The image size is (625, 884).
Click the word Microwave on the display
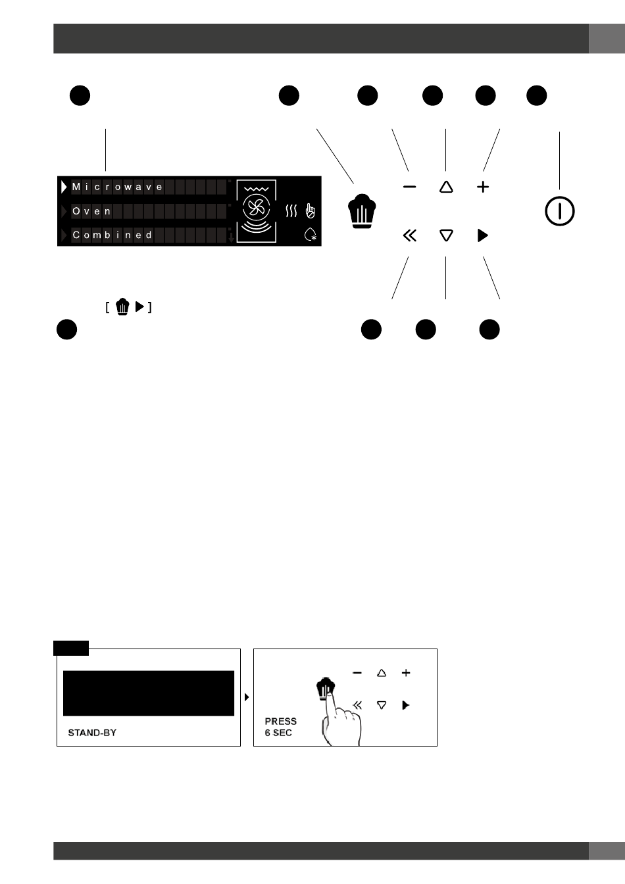tap(117, 187)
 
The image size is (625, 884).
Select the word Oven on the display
tap(91, 211)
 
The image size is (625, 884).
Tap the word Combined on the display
tap(112, 235)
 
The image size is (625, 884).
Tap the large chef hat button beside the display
tap(362, 211)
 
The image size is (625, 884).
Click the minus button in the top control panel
tap(410, 187)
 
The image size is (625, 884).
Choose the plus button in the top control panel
tap(483, 187)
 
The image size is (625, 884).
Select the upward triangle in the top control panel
tap(446, 187)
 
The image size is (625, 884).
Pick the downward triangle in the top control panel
tap(446, 235)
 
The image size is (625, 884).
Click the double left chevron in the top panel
tap(410, 235)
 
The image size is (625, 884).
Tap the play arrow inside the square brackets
tap(139, 307)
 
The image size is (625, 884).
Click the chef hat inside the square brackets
tap(122, 307)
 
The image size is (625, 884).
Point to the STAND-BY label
tap(92, 733)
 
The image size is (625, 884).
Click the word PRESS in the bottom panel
tap(281, 722)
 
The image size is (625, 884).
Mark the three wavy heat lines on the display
tap(291, 211)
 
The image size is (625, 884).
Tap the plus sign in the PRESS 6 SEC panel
tap(406, 673)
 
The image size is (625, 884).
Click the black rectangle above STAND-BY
tap(149, 693)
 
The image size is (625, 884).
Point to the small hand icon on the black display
tap(311, 211)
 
